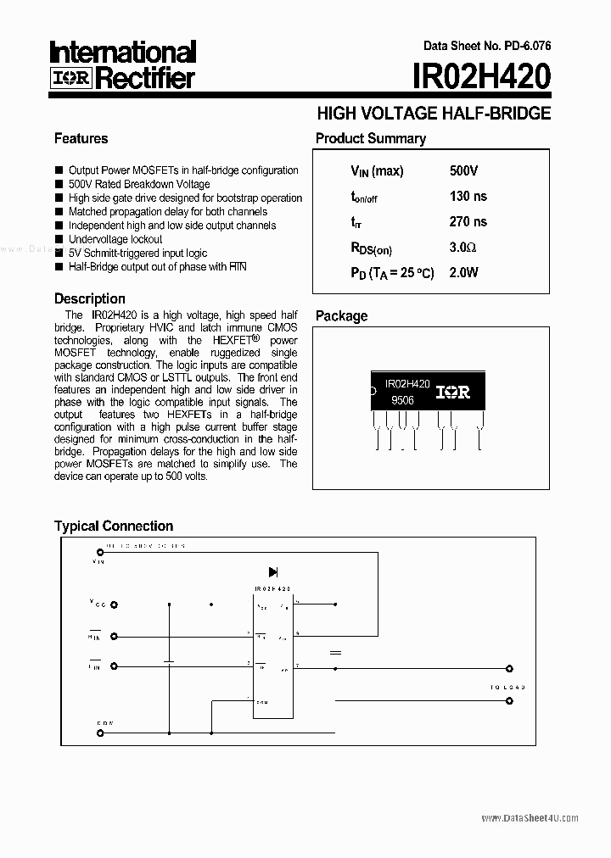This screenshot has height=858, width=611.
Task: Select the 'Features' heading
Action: pos(81,138)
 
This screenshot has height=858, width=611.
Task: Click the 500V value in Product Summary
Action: pos(463,171)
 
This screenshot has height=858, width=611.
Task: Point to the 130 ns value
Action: pos(468,197)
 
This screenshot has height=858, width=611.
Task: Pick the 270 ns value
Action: pos(468,222)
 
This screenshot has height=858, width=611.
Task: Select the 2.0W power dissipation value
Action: pos(463,273)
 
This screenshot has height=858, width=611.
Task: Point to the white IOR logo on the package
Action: pos(453,393)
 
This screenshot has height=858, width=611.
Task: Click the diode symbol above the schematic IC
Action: pos(273,572)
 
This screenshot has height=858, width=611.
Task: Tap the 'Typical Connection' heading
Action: pos(114,526)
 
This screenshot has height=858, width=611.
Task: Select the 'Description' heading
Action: pos(90,298)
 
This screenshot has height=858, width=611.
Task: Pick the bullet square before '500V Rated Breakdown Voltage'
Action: pos(59,184)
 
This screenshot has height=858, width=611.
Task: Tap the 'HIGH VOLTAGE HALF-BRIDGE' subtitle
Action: pos(434,113)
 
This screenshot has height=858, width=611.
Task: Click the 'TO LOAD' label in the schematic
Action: pos(507,687)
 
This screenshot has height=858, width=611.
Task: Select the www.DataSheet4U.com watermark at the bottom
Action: pos(530,817)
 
